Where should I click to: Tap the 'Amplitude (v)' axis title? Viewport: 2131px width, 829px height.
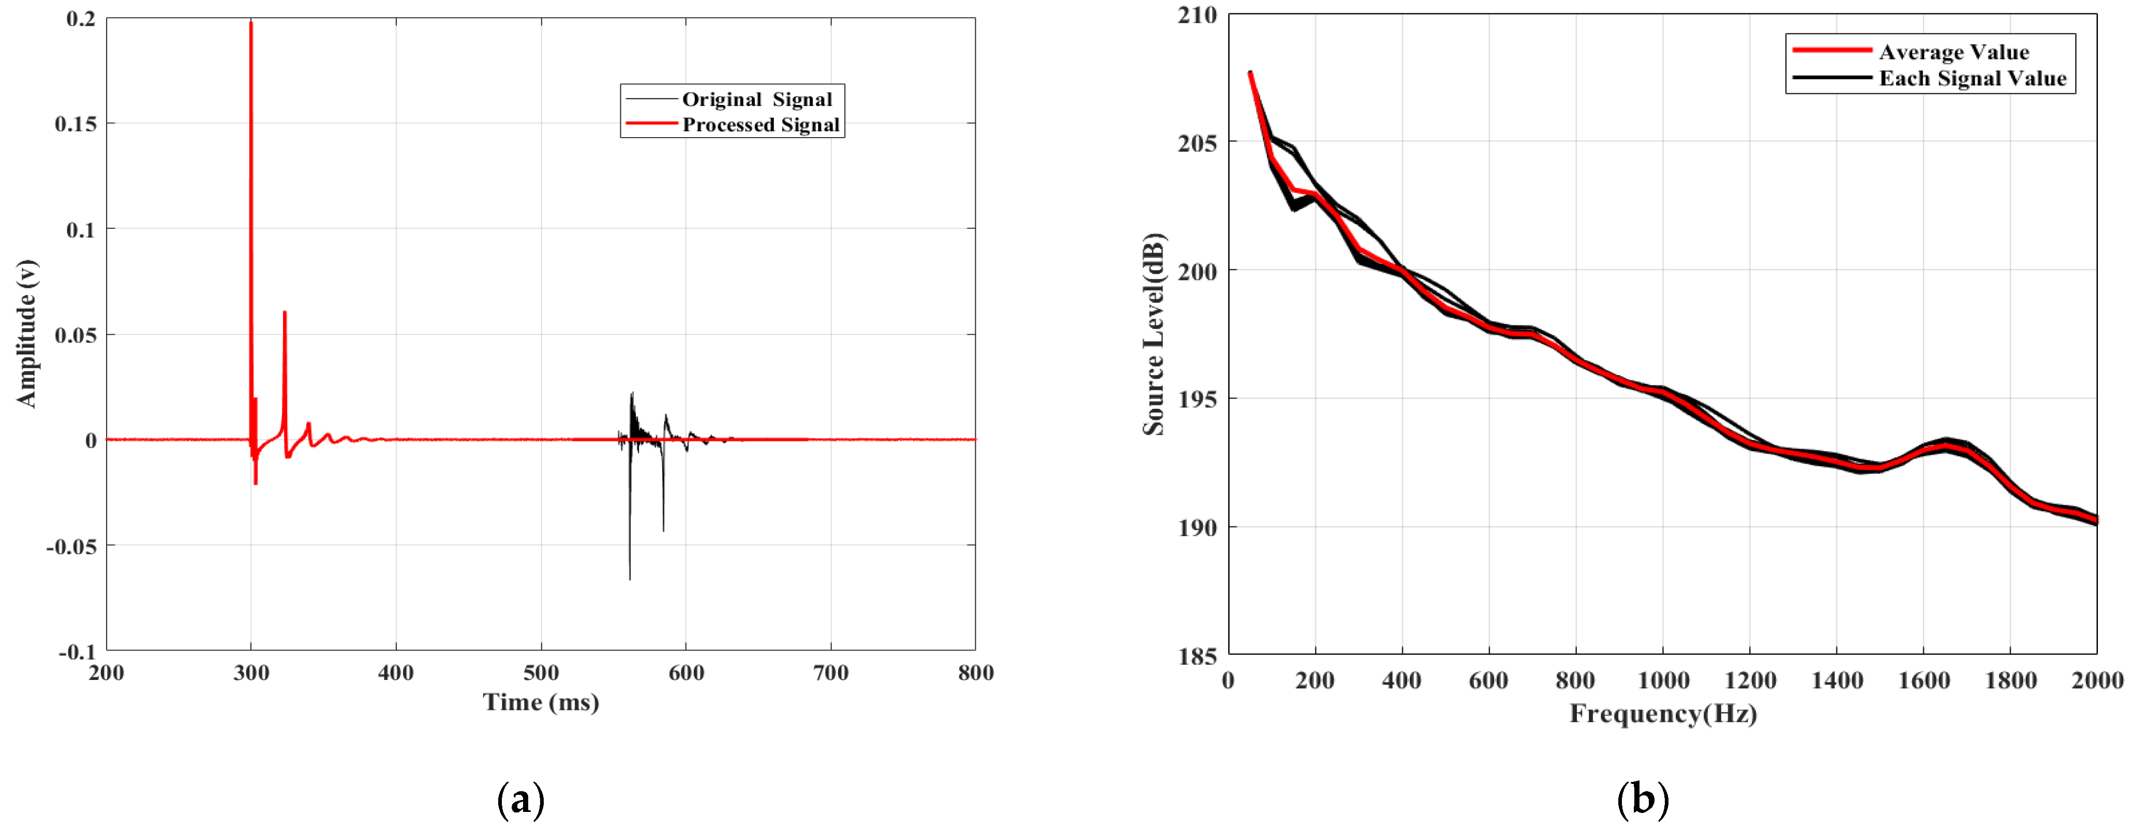pyautogui.click(x=26, y=333)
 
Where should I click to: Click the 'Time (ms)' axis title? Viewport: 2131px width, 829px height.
pyautogui.click(x=541, y=702)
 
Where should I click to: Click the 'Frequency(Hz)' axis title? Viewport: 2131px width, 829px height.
pyautogui.click(x=1663, y=713)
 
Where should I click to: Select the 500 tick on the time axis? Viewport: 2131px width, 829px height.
pyautogui.click(x=541, y=673)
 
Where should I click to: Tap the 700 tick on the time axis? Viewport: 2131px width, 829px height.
pyautogui.click(x=830, y=673)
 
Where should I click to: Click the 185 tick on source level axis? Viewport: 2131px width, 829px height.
pyautogui.click(x=1197, y=656)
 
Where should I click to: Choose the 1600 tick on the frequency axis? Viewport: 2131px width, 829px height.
pyautogui.click(x=1924, y=681)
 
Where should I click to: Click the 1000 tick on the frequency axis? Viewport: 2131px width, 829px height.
pyautogui.click(x=1663, y=681)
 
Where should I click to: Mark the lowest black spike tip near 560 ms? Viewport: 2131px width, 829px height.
pyautogui.click(x=630, y=579)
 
